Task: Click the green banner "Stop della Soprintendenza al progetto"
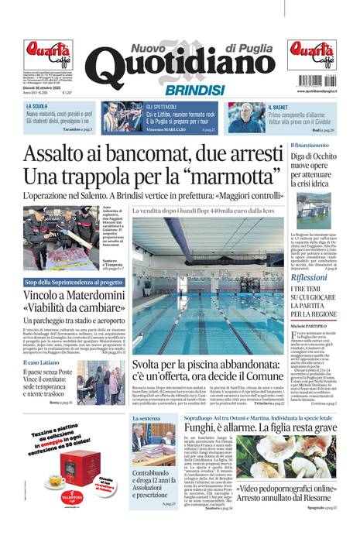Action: (74, 283)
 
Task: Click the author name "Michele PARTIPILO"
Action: (309, 328)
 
